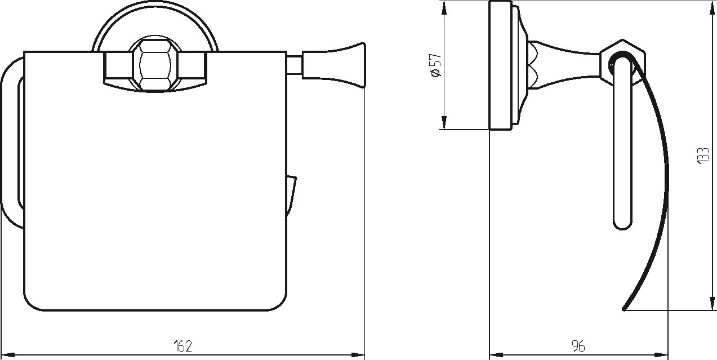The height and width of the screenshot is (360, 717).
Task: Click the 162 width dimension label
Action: point(183,346)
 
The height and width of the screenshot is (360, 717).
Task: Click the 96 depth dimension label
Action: point(578,346)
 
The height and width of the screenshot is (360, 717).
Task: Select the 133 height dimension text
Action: point(702,156)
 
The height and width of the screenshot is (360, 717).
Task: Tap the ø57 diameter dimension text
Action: point(436,65)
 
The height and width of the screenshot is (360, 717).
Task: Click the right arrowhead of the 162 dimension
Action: point(358,355)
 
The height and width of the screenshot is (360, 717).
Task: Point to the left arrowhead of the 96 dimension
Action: point(496,355)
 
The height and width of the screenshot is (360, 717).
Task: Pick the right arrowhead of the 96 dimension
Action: point(661,355)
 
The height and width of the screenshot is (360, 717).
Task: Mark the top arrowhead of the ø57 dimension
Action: point(444,8)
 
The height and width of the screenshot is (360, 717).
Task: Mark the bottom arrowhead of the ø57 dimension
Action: point(444,122)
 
